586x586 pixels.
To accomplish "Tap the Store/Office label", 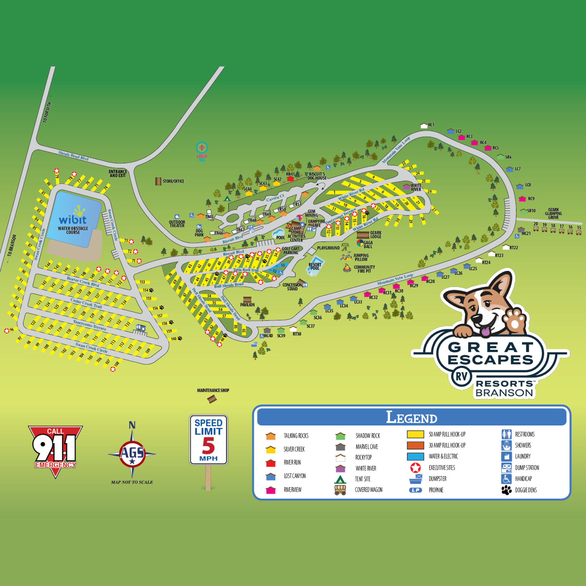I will (x=173, y=181).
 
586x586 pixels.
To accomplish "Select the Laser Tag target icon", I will (x=202, y=148).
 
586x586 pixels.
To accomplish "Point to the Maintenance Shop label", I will (x=213, y=390).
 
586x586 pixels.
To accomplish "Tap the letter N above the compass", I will (x=132, y=425).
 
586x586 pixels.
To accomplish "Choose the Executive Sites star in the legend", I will (x=415, y=468).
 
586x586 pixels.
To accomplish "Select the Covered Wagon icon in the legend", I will (x=340, y=490).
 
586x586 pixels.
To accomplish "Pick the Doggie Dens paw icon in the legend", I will (x=506, y=490).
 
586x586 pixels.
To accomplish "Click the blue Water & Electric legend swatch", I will (x=415, y=456).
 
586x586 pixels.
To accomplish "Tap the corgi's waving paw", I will (x=515, y=320).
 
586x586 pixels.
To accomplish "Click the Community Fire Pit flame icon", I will (x=347, y=268).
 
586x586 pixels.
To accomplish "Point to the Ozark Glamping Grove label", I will (x=553, y=213).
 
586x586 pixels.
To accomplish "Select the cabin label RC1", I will (x=431, y=125).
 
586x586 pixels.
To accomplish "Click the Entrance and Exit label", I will (x=118, y=173).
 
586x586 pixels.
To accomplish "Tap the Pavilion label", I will (x=247, y=305).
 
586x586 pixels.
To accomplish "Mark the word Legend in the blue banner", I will (x=411, y=417).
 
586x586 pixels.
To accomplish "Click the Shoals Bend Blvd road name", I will (x=74, y=156).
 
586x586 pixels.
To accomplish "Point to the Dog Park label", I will (x=199, y=233).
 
